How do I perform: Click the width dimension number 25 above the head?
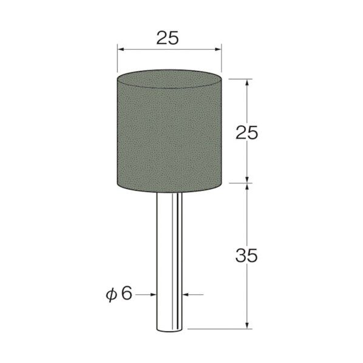point(167,38)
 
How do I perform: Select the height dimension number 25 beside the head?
point(246,132)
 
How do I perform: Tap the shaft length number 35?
point(246,256)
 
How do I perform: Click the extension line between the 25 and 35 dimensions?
point(240,181)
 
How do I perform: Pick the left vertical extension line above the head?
point(117,61)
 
